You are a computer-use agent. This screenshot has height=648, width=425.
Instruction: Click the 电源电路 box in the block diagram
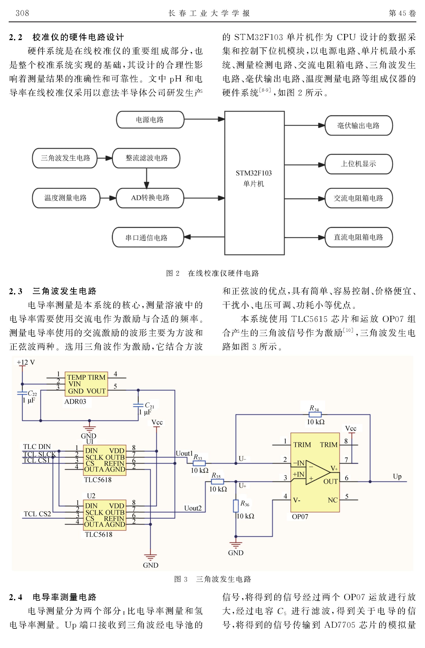pos(150,120)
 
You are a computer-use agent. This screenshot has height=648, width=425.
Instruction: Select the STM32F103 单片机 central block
pos(254,183)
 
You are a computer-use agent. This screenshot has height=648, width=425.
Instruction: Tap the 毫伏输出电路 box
pos(358,126)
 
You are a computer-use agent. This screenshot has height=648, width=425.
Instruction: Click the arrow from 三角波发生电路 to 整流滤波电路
pos(105,158)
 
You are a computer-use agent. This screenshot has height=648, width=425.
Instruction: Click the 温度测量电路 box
pos(66,198)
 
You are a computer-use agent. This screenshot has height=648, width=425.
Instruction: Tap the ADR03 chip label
pos(75,402)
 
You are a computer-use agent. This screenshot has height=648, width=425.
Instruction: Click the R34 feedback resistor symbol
pos(315,415)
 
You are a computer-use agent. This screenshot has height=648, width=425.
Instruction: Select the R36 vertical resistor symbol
pos(236,506)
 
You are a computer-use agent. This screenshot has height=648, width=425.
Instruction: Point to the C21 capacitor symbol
pos(138,405)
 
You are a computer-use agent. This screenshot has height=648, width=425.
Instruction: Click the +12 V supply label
pos(26,362)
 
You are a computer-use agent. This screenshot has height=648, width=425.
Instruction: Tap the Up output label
pos(397,476)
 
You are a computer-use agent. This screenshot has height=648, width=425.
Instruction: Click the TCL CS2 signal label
pos(37,514)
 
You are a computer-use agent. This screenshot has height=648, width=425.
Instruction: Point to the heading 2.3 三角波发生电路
pos(53,291)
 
